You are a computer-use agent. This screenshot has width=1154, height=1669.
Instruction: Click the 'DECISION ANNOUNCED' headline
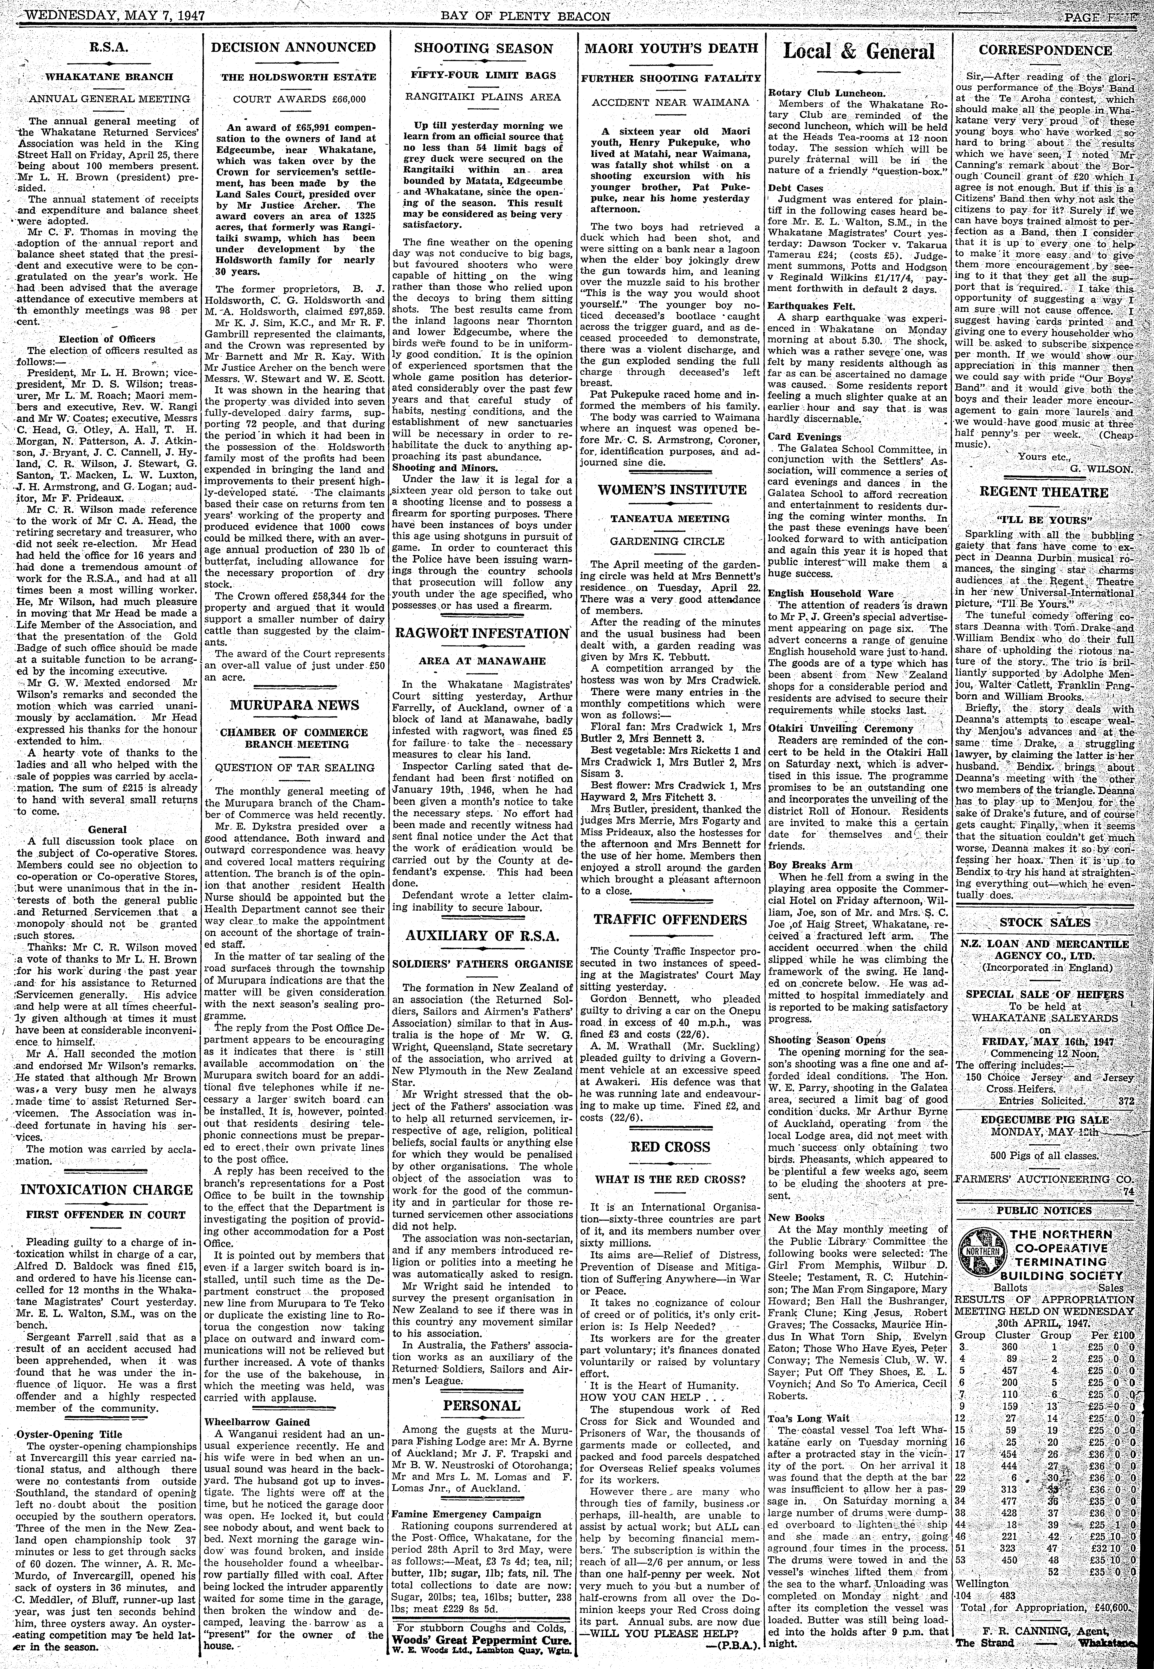293,48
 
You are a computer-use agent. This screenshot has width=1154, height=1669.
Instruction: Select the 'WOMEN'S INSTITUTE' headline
672,489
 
